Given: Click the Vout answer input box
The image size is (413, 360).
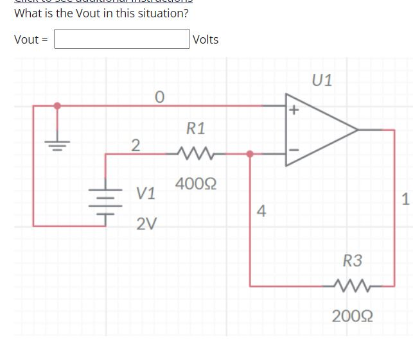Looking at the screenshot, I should click(121, 39).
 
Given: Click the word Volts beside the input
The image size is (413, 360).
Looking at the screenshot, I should click(206, 40).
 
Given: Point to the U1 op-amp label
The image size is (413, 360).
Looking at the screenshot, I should click(322, 81).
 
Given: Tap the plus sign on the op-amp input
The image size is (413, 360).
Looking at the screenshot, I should click(294, 110).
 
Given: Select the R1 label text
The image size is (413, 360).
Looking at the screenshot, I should click(196, 128).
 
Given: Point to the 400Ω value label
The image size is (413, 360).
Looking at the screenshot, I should click(195, 185).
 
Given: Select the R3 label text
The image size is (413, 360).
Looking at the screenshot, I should click(353, 261).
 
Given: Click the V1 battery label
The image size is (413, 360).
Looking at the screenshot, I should click(146, 193).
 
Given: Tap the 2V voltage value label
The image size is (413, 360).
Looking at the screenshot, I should click(146, 224).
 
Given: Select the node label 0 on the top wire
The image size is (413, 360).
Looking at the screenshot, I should click(159, 97).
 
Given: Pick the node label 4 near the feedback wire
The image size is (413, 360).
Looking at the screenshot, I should click(261, 210).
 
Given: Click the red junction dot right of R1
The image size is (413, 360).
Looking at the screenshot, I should click(250, 154).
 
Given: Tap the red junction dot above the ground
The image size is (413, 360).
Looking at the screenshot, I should click(58, 105).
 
